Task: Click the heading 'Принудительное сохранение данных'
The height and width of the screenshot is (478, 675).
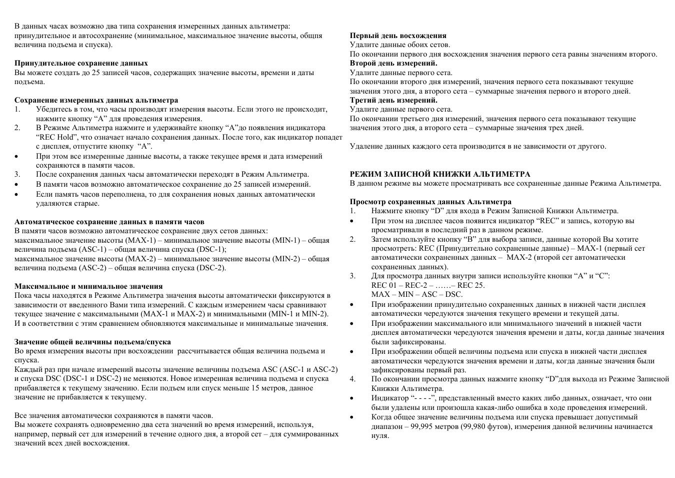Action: [x=81, y=63]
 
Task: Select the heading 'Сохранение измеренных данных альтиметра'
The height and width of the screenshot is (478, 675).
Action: [x=96, y=100]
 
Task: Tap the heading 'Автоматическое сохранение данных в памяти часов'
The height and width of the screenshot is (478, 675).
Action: [x=109, y=221]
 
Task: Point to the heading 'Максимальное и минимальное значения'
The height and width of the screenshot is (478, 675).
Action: [x=88, y=286]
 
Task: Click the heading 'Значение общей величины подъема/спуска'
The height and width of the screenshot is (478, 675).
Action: [x=92, y=342]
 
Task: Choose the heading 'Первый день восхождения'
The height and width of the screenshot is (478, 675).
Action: [x=398, y=36]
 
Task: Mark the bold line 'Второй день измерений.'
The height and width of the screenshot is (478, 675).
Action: [x=393, y=63]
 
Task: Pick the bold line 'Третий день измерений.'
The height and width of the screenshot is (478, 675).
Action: [x=393, y=100]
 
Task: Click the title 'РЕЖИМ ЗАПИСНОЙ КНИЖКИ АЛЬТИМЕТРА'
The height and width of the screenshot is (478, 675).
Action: [x=440, y=174]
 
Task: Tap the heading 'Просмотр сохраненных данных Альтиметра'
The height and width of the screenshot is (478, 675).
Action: [x=430, y=202]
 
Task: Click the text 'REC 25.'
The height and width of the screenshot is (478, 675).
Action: [x=471, y=285]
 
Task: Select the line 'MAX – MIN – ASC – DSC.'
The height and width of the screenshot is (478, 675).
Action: [x=417, y=294]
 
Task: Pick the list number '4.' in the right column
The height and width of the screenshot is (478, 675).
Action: [x=352, y=379]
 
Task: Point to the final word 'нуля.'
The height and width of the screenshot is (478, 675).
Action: [x=380, y=435]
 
